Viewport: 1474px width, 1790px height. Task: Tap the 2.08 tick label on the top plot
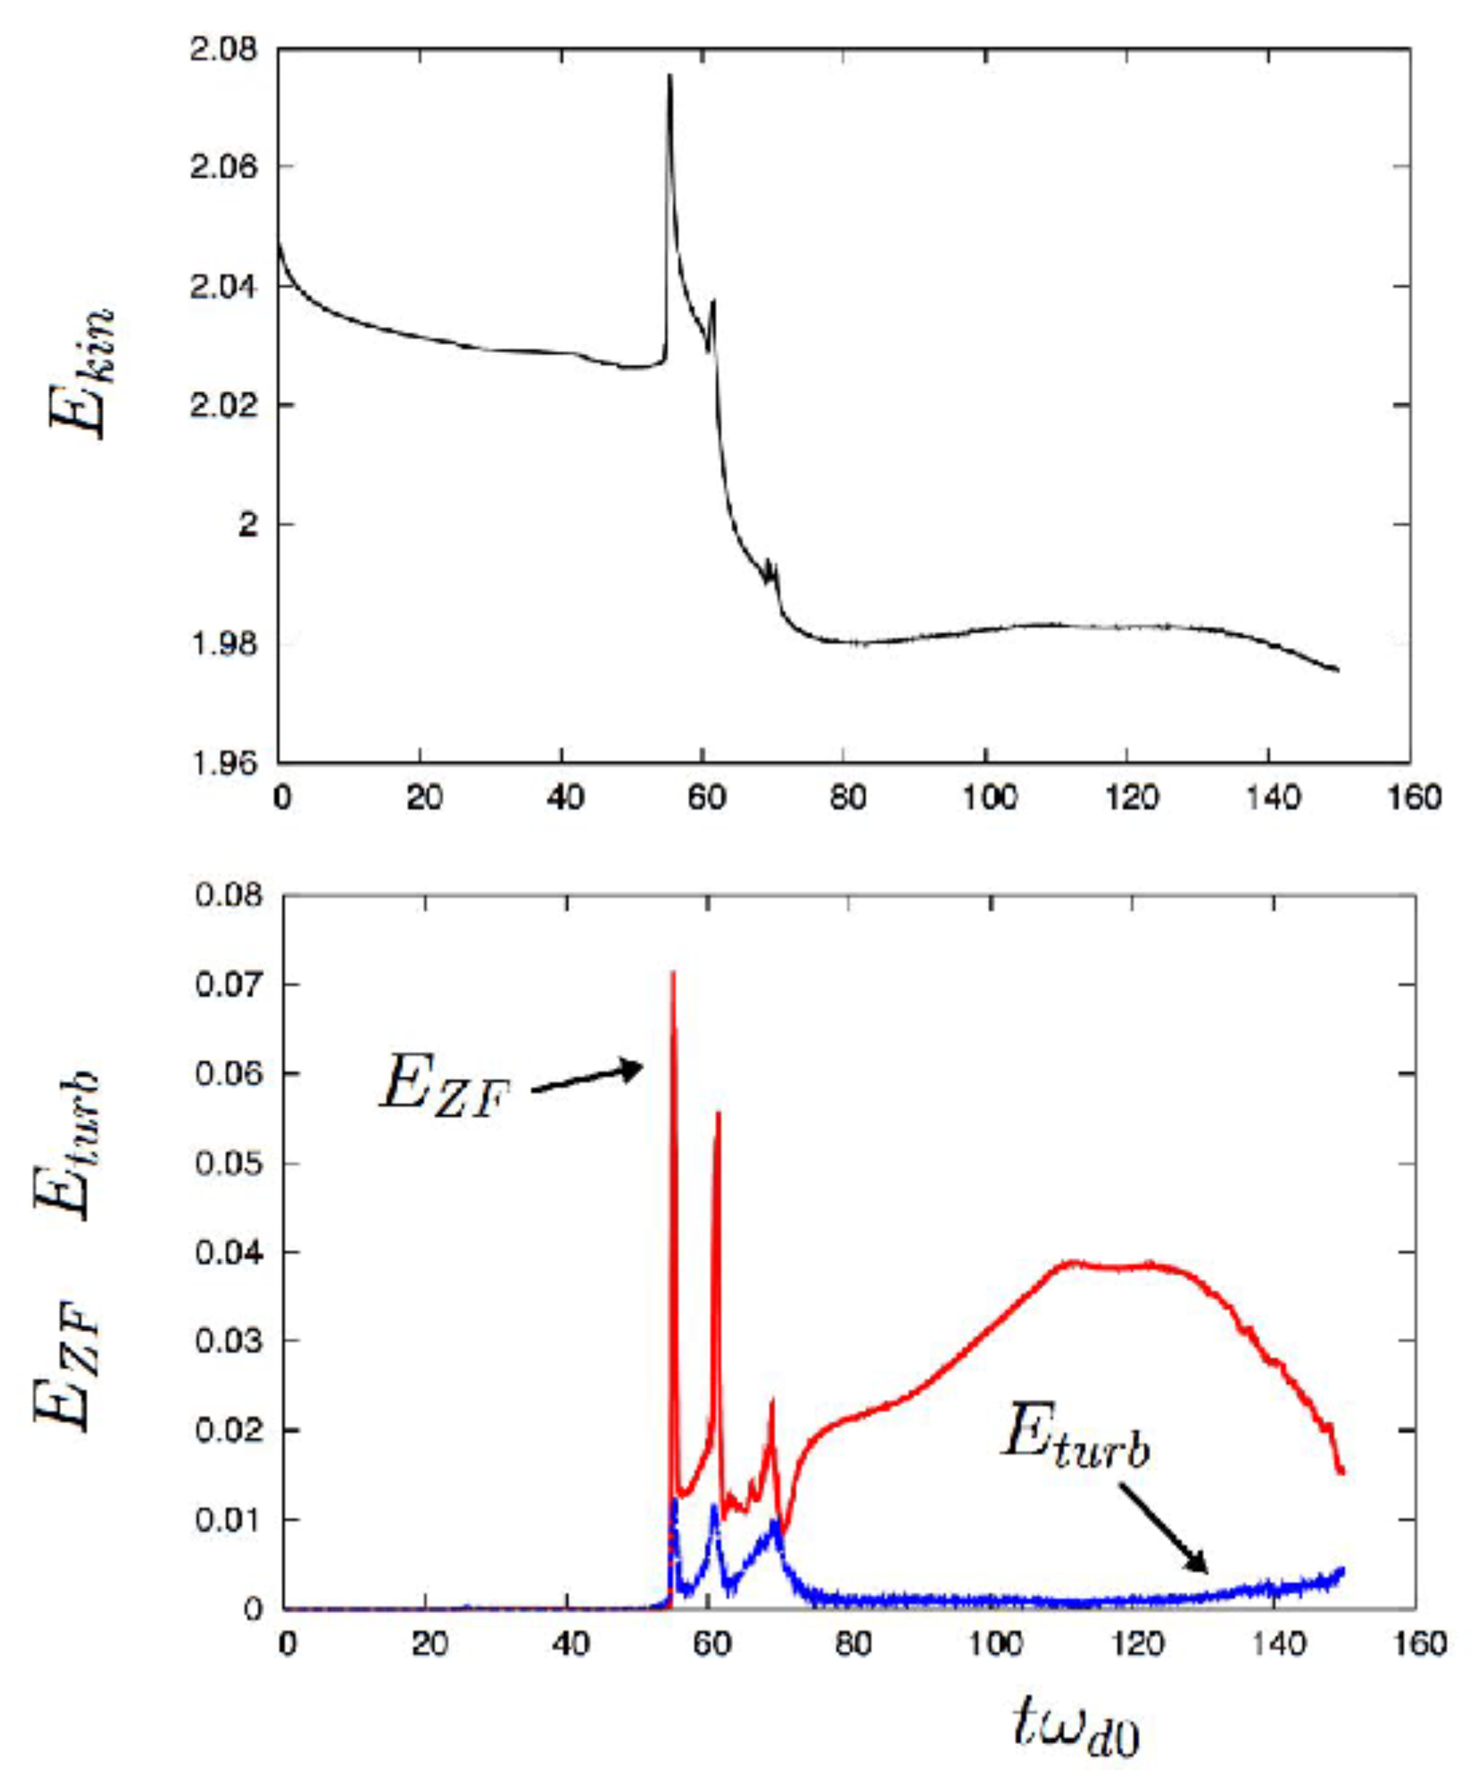222,49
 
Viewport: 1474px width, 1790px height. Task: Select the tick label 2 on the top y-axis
247,524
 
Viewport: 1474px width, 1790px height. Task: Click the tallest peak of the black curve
670,76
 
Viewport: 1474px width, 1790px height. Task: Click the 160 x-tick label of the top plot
1413,798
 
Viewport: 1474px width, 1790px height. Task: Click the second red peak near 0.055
718,1113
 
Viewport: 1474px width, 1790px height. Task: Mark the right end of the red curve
1342,1471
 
